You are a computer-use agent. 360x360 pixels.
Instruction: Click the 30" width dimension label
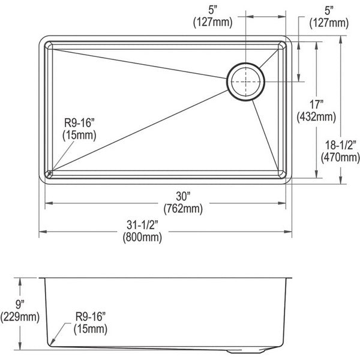click(x=183, y=197)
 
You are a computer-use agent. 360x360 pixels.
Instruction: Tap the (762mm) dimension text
click(x=183, y=209)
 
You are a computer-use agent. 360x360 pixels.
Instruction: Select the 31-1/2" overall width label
click(x=142, y=225)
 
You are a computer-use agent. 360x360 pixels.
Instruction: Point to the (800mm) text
click(x=142, y=237)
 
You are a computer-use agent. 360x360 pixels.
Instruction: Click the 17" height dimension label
click(x=316, y=104)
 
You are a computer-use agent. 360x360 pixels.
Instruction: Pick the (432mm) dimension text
click(x=316, y=117)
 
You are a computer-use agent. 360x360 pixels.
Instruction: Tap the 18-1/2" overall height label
click(x=341, y=145)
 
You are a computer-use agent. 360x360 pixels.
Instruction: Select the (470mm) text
click(x=340, y=157)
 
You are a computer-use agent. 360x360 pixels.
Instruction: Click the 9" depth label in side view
click(x=20, y=305)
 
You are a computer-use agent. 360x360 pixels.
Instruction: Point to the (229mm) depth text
click(x=20, y=317)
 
